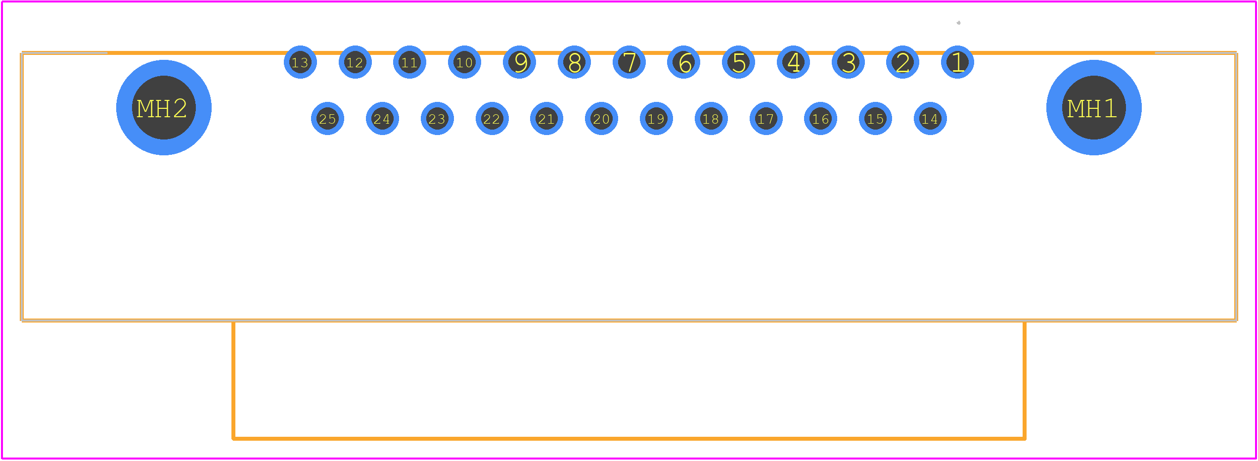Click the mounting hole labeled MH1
[x=1094, y=107]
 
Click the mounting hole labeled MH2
[x=164, y=107]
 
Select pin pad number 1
[x=957, y=62]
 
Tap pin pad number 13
[x=300, y=62]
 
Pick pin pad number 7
[x=629, y=62]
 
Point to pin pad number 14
[x=930, y=119]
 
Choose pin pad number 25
[x=327, y=119]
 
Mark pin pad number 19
[x=656, y=119]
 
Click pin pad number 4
[x=793, y=62]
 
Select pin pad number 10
[x=464, y=62]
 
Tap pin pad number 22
[x=492, y=119]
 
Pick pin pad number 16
[x=820, y=119]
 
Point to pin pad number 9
[x=519, y=62]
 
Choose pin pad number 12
[x=355, y=62]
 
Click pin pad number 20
[x=601, y=119]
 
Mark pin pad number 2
[x=902, y=62]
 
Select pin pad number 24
[x=382, y=119]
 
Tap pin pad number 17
[x=766, y=119]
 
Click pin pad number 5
[x=738, y=62]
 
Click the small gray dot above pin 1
[x=958, y=23]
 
